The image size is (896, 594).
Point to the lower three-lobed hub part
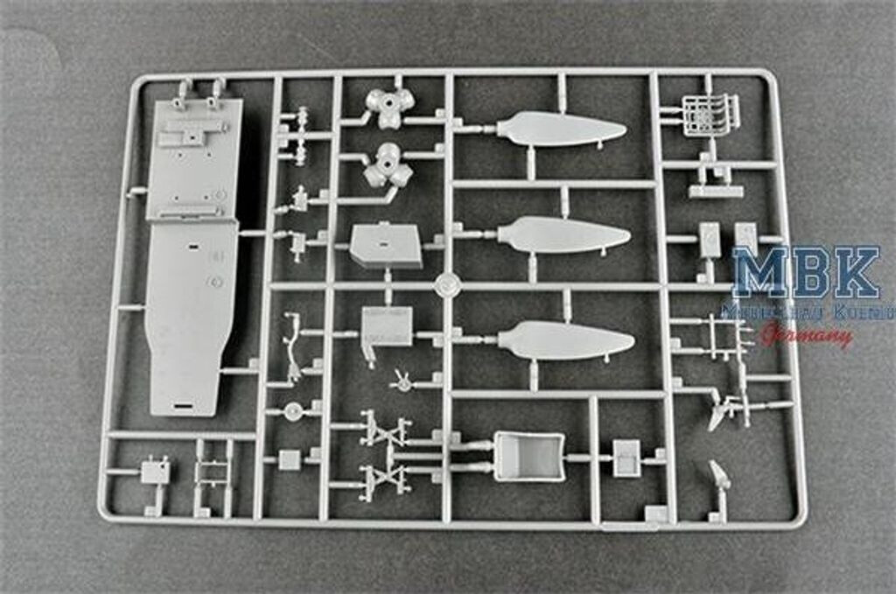point(387,165)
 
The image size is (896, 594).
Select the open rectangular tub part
point(528,456)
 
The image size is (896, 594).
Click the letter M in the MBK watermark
point(761,272)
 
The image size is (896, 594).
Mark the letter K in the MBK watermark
point(855,272)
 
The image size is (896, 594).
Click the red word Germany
point(806,334)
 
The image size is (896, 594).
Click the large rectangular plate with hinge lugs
point(193,157)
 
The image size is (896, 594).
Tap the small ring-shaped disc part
point(292,411)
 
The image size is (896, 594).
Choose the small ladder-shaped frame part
point(213,472)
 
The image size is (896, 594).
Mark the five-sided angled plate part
point(385,245)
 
